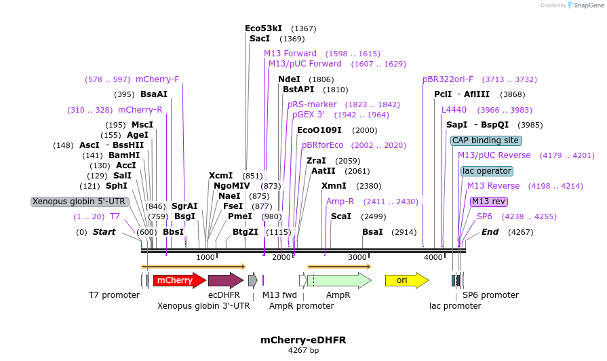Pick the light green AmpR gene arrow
338,280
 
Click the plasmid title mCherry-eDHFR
298,339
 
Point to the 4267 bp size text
303,351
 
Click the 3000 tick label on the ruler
357,258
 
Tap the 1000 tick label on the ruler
205,258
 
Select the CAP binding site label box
486,140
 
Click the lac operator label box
487,171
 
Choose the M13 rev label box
488,202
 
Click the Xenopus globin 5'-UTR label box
80,202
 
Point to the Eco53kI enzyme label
263,28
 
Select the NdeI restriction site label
289,79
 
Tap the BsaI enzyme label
372,232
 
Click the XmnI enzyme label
334,186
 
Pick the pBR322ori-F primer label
448,79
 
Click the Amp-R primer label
340,202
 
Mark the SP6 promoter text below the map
490,295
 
